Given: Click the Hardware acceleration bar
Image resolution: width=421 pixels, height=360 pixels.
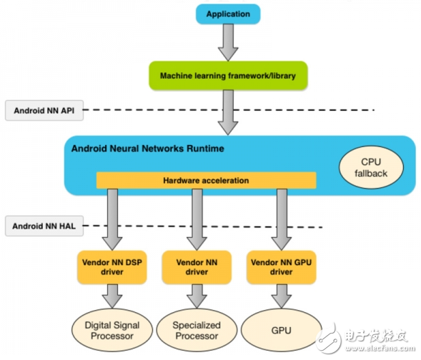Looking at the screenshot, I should click(206, 180).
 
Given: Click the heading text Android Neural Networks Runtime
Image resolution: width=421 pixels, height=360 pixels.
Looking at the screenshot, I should click(147, 149).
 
